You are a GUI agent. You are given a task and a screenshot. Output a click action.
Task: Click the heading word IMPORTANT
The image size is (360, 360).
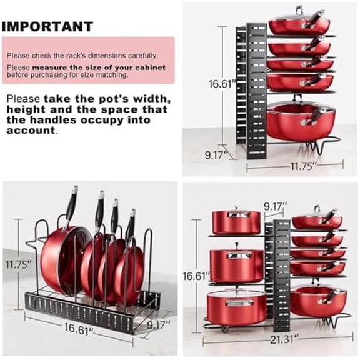[x=47, y=26]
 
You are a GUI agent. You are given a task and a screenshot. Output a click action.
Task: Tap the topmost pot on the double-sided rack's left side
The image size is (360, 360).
[x=236, y=221]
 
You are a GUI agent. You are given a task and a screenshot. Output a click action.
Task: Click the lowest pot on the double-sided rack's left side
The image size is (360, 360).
[x=236, y=306]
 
